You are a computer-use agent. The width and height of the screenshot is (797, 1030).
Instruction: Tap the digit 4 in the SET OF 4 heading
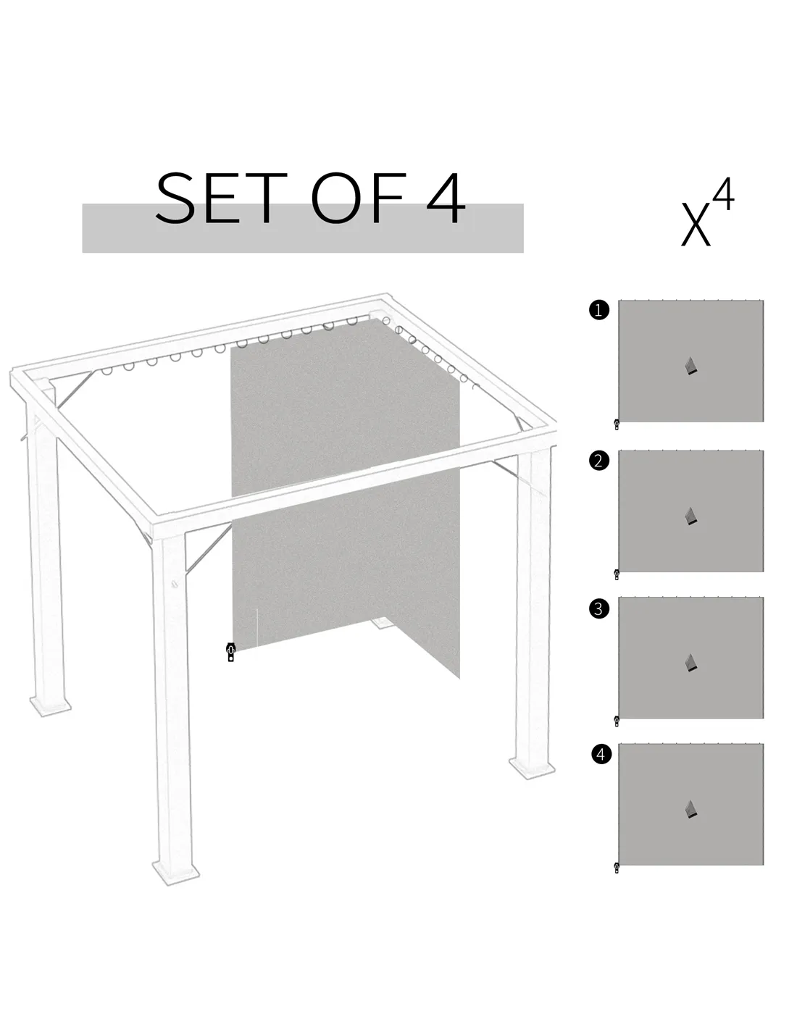pos(445,198)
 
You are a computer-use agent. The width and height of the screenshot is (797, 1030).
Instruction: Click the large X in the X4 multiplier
pos(696,225)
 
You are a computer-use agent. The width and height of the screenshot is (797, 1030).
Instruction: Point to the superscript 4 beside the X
pos(724,194)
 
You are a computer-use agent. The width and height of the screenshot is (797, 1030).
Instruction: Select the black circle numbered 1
pos(598,310)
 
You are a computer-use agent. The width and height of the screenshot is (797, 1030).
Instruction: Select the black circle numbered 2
pos(598,460)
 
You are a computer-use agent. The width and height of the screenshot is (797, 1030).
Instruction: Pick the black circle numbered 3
pos(598,608)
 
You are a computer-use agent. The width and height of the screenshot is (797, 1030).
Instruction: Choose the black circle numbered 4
pos(601,753)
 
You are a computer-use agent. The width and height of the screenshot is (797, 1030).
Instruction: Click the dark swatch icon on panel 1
pos(691,366)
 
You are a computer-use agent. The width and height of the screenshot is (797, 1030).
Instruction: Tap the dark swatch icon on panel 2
pos(691,516)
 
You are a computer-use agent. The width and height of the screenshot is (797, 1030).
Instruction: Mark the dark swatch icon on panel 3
pos(691,663)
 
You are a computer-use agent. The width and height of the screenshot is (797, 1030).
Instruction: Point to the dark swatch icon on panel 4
pos(691,809)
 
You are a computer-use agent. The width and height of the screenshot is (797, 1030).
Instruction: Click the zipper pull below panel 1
pos(617,424)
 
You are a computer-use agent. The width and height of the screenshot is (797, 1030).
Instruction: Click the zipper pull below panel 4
pos(617,868)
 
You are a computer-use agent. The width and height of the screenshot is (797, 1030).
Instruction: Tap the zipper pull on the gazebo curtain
pos(231,652)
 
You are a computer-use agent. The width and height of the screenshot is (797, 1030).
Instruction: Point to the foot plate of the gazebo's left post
pos(50,706)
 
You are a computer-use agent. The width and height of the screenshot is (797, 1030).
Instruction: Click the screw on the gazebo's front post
pos(175,585)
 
